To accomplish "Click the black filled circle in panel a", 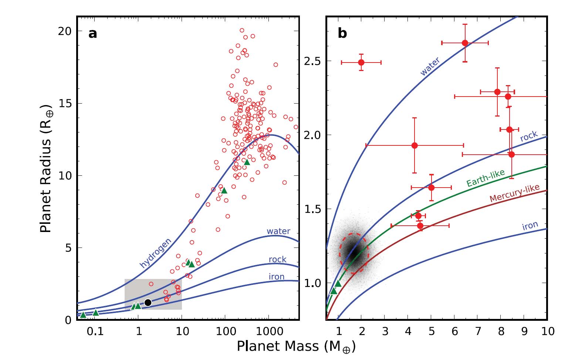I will (x=148, y=302).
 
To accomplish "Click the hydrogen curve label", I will (x=156, y=253).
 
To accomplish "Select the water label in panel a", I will (x=278, y=231).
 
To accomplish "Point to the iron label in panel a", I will (x=277, y=277).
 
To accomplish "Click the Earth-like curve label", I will (x=485, y=178).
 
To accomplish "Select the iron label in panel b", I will (x=530, y=226).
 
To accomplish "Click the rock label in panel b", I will (x=528, y=137).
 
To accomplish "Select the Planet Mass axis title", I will (x=296, y=347).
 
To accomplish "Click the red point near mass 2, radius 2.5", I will (x=361, y=62).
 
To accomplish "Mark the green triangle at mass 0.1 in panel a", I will (x=96, y=313).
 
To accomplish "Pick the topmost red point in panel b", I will (x=465, y=43).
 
